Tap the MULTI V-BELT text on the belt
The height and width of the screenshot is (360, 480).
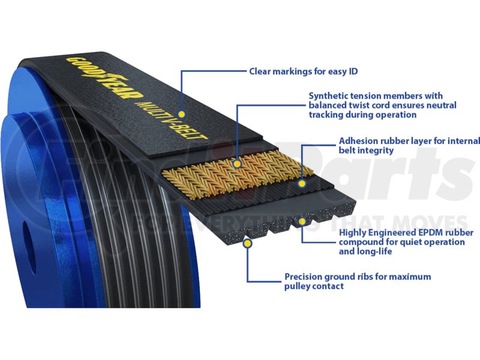point(172,119)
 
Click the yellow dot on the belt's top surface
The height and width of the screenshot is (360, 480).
point(182,114)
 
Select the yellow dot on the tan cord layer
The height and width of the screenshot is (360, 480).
point(237,164)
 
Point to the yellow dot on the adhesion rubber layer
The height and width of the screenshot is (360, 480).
point(302,184)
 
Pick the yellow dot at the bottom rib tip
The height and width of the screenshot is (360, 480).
point(247,244)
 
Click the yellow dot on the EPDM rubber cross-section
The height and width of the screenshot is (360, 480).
point(302,221)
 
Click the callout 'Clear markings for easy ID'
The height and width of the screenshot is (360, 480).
point(304,71)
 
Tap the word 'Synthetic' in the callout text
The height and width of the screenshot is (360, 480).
point(328,96)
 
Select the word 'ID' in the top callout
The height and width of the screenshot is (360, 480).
point(353,71)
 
